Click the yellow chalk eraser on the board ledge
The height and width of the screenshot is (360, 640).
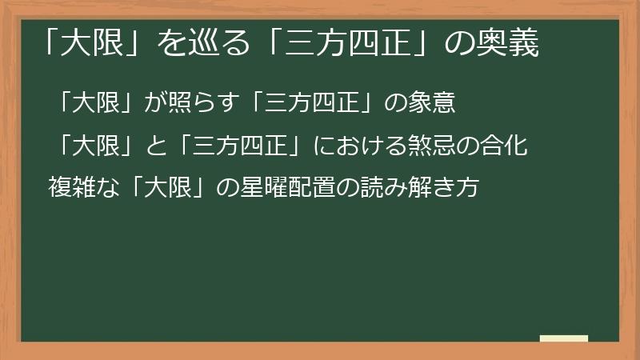(x=564, y=338)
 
